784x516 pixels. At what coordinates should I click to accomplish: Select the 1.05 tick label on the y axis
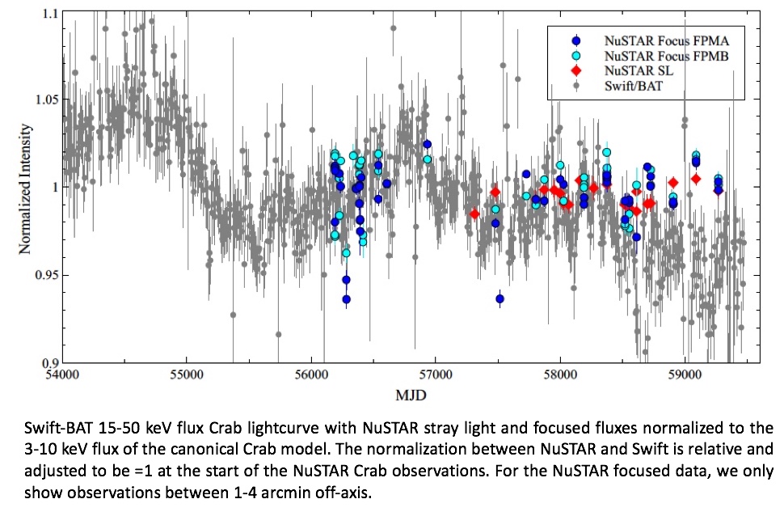coord(44,99)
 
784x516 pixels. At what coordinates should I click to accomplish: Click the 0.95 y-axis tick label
coord(44,275)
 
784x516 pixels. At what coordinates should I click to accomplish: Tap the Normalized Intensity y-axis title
coord(25,188)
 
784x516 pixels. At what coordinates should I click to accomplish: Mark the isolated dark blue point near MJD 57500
coord(499,298)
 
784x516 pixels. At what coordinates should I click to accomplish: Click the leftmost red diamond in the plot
coord(474,214)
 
